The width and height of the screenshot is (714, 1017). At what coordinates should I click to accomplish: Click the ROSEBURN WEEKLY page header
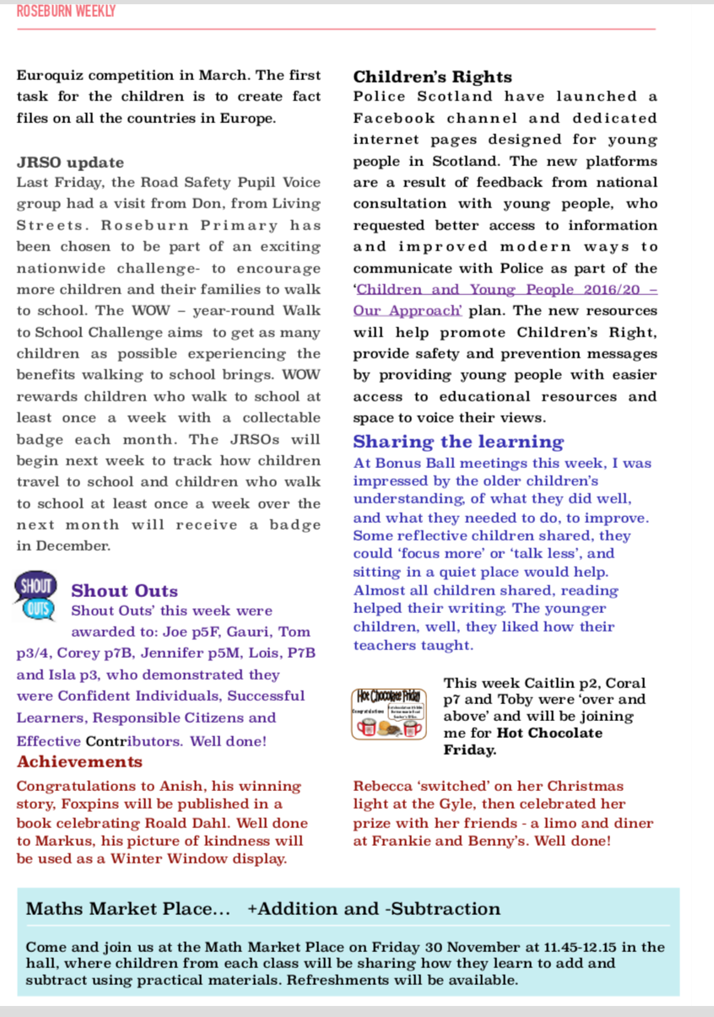click(66, 11)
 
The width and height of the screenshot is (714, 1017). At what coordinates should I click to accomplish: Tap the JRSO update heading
click(70, 162)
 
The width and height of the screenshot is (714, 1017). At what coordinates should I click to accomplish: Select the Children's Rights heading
click(432, 77)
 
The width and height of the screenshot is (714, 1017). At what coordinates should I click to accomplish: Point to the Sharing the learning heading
click(458, 442)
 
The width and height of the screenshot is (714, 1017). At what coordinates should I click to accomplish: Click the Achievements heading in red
click(79, 761)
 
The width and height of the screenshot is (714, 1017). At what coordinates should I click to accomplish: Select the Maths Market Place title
click(128, 909)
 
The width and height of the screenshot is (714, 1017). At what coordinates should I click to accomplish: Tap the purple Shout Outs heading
click(124, 591)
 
